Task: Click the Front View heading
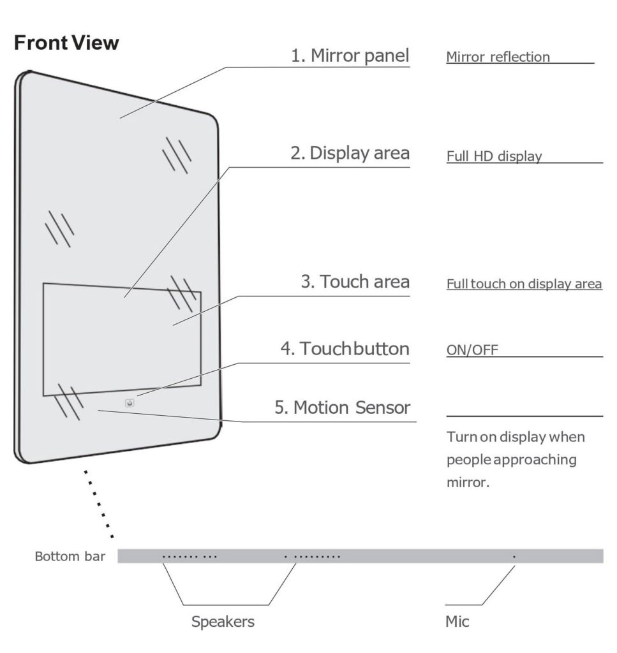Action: [x=66, y=43]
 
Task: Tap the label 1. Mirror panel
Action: [x=350, y=55]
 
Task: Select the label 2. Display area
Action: [x=350, y=153]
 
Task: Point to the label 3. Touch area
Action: [x=355, y=281]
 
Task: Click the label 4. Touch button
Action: [x=345, y=349]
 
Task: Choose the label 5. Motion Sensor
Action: [x=342, y=407]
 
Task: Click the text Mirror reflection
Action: [x=498, y=57]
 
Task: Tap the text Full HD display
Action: [x=494, y=156]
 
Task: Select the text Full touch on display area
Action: [x=524, y=284]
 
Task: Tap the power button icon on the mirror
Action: [x=130, y=403]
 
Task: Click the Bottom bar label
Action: [x=70, y=556]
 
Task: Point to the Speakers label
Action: [x=223, y=622]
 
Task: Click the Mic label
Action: [x=457, y=622]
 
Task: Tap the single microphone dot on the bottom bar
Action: [x=514, y=557]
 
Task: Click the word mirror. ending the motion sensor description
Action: [x=468, y=482]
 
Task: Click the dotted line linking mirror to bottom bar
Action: [x=99, y=504]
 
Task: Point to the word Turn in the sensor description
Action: [x=461, y=437]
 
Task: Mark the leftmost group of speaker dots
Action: [x=190, y=557]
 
